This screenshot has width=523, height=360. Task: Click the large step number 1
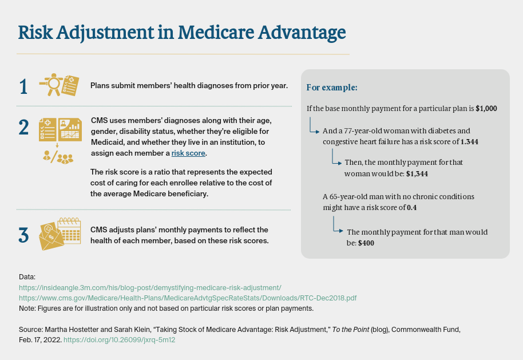pyautogui.click(x=23, y=87)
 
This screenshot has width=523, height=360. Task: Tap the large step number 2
pyautogui.click(x=23, y=128)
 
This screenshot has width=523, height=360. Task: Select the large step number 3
pyautogui.click(x=23, y=235)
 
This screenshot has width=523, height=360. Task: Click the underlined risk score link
pyautogui.click(x=188, y=153)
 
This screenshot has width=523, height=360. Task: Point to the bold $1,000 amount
pyautogui.click(x=486, y=108)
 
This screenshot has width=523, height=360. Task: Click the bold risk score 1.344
pyautogui.click(x=469, y=142)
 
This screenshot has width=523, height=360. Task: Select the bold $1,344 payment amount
pyautogui.click(x=417, y=174)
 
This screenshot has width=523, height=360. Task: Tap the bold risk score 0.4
pyautogui.click(x=411, y=208)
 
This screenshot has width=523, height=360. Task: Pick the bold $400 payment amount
pyautogui.click(x=366, y=243)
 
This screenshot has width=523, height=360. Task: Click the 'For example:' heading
pyautogui.click(x=332, y=88)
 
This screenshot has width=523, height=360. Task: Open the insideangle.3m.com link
pyautogui.click(x=150, y=288)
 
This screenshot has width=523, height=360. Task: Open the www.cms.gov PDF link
pyautogui.click(x=188, y=298)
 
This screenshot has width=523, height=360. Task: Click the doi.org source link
pyautogui.click(x=119, y=340)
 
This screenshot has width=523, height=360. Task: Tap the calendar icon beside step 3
pyautogui.click(x=69, y=231)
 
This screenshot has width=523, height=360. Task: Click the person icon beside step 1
pyautogui.click(x=51, y=84)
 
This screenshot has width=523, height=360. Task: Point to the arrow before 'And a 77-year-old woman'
pyautogui.click(x=314, y=125)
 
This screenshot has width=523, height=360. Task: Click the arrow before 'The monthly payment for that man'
pyautogui.click(x=338, y=224)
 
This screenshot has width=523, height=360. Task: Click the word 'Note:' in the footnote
pyautogui.click(x=27, y=308)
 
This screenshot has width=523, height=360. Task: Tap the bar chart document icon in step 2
pyautogui.click(x=70, y=129)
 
